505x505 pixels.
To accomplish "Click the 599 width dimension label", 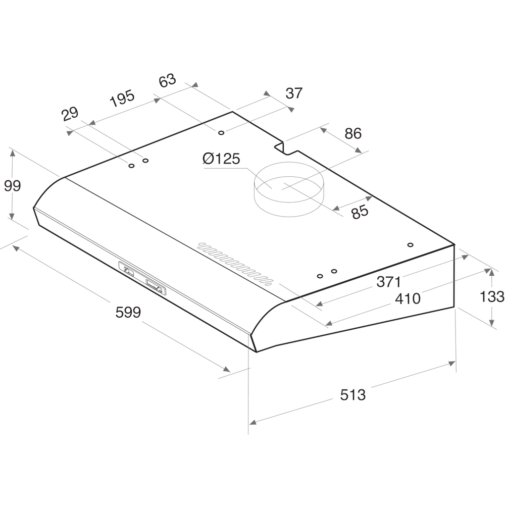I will tap(128, 313).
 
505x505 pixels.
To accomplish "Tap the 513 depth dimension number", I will tap(352, 394).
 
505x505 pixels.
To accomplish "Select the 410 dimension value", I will tap(408, 298).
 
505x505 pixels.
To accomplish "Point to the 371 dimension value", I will tap(389, 282).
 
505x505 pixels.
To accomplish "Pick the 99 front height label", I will tap(12, 186).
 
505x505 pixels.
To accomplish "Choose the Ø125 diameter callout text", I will tap(221, 159).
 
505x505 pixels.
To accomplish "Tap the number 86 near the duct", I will tap(353, 133).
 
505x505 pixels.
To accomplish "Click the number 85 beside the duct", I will tap(360, 213).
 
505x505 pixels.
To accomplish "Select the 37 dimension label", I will tap(294, 93).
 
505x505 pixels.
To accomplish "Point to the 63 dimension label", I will tap(167, 80).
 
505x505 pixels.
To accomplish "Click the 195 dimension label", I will tap(122, 97).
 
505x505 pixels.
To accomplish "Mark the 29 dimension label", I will tap(70, 113).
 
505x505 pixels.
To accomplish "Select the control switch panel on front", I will tap(142, 278).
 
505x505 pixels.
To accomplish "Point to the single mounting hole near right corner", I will tap(411, 245).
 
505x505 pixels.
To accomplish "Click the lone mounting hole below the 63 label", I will tap(221, 133).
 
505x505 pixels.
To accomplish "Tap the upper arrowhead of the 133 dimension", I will tap(492, 272).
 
